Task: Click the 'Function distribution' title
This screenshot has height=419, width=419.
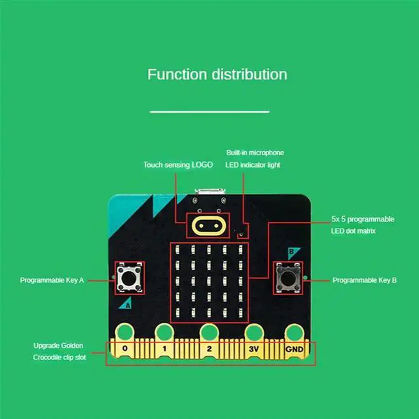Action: tap(217, 74)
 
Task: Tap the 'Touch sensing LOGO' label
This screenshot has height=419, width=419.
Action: tap(178, 165)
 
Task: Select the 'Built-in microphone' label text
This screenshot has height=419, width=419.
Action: tap(255, 153)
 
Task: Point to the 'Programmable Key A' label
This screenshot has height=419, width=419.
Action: tap(52, 280)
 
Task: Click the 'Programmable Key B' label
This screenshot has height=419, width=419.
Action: tap(365, 280)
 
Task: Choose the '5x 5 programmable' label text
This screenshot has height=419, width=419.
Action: tap(363, 219)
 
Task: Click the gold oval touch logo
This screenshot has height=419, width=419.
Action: tap(209, 226)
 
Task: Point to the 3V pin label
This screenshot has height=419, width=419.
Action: tap(253, 349)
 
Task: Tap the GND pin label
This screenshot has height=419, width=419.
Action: tap(294, 349)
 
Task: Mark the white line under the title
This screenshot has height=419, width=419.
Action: tap(209, 112)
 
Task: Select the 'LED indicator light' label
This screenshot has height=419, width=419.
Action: tap(253, 165)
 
